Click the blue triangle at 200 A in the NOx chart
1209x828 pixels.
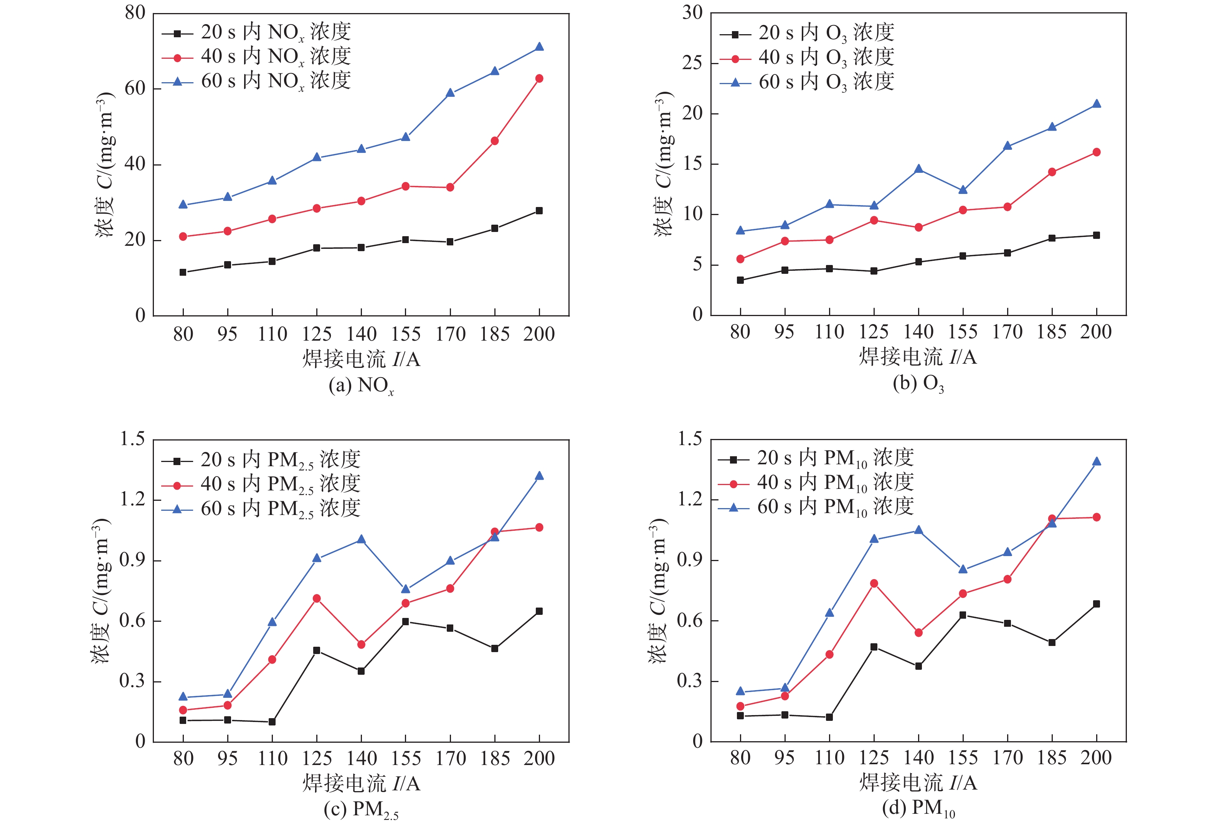[539, 47]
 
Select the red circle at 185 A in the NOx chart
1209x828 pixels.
[494, 141]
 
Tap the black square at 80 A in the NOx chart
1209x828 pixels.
[183, 272]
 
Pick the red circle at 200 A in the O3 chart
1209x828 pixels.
[1096, 152]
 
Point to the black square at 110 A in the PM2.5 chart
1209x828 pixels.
[272, 722]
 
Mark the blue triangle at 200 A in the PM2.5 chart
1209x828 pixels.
[539, 476]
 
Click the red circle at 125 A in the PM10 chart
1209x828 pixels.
[874, 583]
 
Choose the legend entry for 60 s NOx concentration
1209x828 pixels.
[276, 81]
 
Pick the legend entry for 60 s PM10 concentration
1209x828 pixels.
[834, 507]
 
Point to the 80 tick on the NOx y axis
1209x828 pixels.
[135, 13]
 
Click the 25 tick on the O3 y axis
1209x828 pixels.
[692, 63]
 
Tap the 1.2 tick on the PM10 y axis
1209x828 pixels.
[690, 499]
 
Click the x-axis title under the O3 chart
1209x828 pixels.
[918, 357]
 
